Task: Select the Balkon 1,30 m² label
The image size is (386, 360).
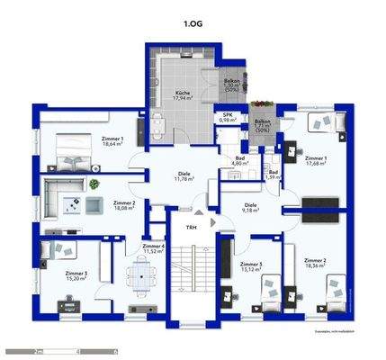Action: (x=230, y=85)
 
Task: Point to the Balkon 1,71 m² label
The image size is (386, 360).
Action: (x=262, y=125)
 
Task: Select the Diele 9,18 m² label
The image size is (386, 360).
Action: (x=252, y=210)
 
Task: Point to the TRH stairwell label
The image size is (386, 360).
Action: (x=191, y=227)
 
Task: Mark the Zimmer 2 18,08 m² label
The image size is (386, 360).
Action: (x=123, y=206)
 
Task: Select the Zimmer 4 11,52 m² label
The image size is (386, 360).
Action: (x=153, y=248)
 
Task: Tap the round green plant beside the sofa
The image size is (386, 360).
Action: (x=93, y=184)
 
